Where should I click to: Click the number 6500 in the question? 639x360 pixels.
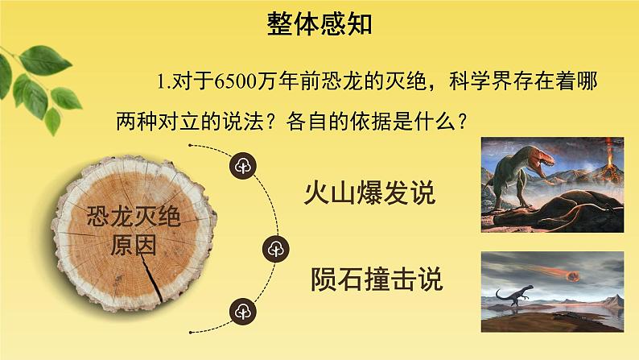(227, 81)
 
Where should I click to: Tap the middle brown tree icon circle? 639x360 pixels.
(274, 249)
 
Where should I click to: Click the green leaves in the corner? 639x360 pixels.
(40, 81)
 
